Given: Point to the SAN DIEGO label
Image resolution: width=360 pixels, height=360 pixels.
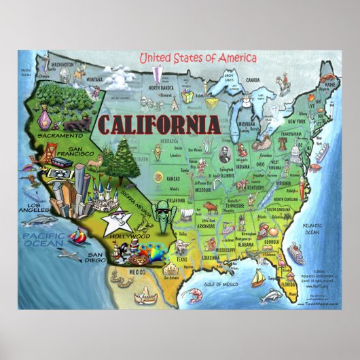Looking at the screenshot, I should tap(94, 257).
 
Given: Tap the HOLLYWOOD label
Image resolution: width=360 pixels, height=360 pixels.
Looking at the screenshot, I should tap(132, 238).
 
